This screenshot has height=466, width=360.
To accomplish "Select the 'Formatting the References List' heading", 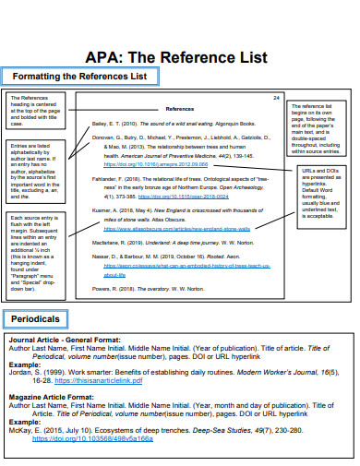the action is [x=77, y=75].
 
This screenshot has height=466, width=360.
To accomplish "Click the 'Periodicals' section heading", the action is [x=37, y=293].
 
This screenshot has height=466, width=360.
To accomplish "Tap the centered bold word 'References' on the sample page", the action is [x=180, y=108].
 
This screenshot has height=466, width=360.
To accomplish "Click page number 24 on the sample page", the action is [x=276, y=98].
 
